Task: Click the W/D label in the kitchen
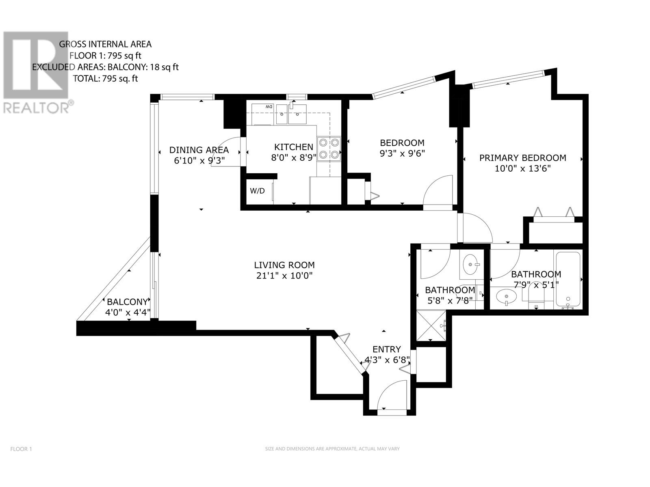[258, 191]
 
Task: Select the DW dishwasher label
[269, 106]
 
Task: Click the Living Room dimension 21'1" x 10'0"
[284, 276]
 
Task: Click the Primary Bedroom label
[522, 158]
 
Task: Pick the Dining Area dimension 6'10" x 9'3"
[199, 161]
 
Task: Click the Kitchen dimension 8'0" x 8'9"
[293, 158]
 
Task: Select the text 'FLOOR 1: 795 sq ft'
[106, 56]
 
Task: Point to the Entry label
[386, 349]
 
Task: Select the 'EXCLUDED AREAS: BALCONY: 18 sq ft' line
[106, 67]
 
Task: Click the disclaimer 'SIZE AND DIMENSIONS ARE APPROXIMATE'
[332, 449]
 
